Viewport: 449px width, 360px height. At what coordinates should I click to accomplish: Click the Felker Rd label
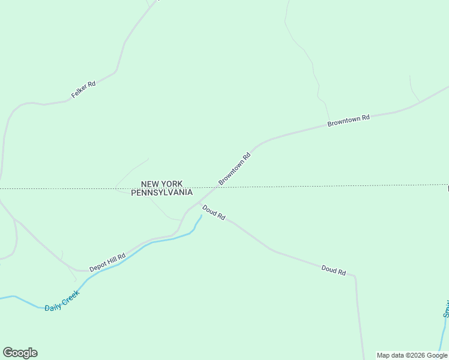pos(83,89)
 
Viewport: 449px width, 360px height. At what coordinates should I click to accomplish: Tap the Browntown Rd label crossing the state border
pos(234,169)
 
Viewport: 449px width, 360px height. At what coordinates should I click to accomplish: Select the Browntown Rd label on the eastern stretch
pos(348,120)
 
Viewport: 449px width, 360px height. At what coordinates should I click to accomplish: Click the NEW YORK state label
pos(161,184)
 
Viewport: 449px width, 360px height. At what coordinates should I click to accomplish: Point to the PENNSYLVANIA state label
pos(161,193)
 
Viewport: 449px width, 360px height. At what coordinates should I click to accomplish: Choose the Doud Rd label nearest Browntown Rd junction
pos(214,212)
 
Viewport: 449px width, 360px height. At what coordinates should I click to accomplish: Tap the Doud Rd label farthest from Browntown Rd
pos(334,270)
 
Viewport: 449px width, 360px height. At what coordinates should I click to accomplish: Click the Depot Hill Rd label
pos(107,262)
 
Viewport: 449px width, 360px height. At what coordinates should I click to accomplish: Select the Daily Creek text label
pos(62,301)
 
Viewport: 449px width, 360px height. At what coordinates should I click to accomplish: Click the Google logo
pos(20,353)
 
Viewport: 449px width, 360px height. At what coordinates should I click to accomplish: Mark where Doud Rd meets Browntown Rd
pos(199,205)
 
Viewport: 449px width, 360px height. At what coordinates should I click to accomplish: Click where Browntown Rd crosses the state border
pos(217,188)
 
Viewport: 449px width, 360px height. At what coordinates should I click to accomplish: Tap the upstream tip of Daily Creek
pos(200,216)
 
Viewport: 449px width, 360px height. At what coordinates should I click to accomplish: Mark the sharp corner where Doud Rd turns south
pos(355,277)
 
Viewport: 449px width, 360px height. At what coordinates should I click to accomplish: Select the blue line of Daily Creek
pos(138,249)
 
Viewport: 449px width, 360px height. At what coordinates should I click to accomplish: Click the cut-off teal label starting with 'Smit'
pos(445,308)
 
